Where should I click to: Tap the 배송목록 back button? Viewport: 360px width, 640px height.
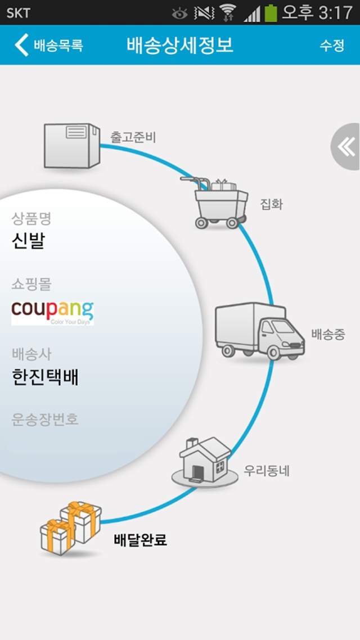pyautogui.click(x=49, y=45)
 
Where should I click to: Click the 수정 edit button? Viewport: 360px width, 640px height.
pyautogui.click(x=332, y=45)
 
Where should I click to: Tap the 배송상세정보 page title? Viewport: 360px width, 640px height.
pyautogui.click(x=180, y=44)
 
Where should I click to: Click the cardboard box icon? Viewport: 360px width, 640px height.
pyautogui.click(x=71, y=146)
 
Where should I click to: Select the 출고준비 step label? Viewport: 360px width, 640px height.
pyautogui.click(x=133, y=136)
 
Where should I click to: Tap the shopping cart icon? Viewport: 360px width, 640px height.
pyautogui.click(x=215, y=202)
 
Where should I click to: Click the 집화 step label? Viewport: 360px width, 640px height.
pyautogui.click(x=272, y=204)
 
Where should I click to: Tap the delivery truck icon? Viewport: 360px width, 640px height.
pyautogui.click(x=260, y=331)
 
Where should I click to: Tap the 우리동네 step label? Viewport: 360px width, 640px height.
pyautogui.click(x=266, y=471)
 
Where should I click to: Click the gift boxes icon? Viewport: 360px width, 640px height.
pyautogui.click(x=71, y=528)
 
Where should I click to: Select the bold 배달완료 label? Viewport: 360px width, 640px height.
pyautogui.click(x=140, y=540)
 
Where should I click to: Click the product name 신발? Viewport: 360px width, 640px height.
pyautogui.click(x=28, y=241)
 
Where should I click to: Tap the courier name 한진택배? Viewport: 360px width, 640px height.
pyautogui.click(x=45, y=377)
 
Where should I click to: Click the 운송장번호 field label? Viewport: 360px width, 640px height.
pyautogui.click(x=45, y=419)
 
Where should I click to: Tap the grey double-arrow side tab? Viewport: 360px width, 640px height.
pyautogui.click(x=346, y=147)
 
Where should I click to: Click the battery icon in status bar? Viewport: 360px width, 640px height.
pyautogui.click(x=271, y=12)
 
